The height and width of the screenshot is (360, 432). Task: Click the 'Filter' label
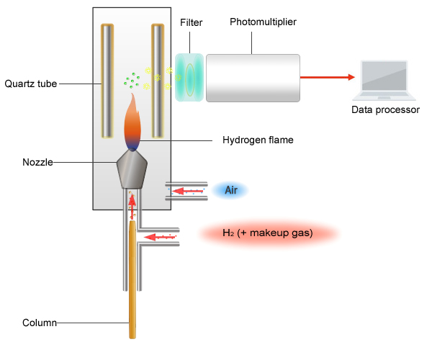[x=192, y=22]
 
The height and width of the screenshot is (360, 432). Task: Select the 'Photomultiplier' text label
[x=263, y=22]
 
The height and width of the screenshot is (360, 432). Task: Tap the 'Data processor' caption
[x=384, y=110]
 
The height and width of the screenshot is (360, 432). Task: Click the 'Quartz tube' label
[x=30, y=83]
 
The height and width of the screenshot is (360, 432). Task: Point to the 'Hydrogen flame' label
[x=258, y=139]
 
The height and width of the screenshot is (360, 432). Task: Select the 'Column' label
[x=40, y=323]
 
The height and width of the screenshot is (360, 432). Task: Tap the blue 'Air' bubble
[x=231, y=190]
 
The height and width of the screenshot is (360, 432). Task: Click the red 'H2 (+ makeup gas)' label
[x=267, y=233]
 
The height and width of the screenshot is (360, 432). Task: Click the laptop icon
[x=385, y=80]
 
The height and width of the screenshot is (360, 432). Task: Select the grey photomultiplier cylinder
[x=252, y=77]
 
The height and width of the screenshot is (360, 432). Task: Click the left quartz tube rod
[x=107, y=81]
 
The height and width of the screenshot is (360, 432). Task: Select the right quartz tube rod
[x=158, y=81]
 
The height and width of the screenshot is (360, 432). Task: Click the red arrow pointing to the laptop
[x=328, y=77]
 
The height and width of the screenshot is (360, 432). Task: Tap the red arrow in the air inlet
[x=186, y=191]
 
